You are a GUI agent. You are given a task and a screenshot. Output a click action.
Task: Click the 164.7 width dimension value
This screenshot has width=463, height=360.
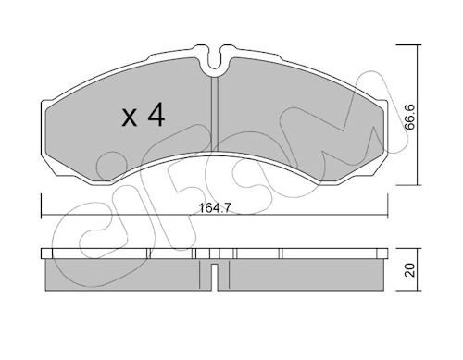214,208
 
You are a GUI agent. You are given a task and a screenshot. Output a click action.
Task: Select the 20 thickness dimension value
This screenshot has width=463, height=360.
410,270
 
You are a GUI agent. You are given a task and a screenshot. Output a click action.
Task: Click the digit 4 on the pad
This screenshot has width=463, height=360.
156,115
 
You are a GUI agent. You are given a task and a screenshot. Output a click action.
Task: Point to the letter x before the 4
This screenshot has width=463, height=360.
130,118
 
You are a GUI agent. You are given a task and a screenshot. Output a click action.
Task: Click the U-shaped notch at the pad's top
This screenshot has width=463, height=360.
215,59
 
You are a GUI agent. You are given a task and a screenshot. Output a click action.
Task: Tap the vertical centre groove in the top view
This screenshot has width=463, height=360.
215,114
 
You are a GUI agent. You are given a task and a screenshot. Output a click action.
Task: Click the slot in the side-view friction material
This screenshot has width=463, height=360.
215,277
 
